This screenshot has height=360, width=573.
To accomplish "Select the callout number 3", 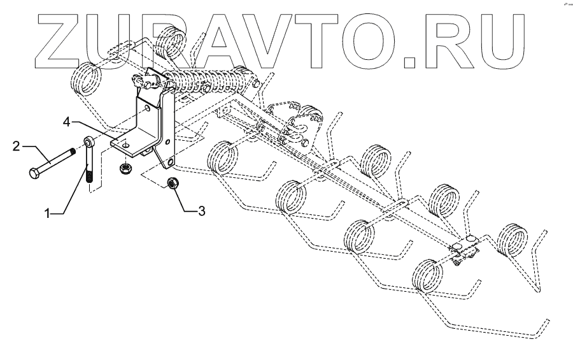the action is (x=201, y=211).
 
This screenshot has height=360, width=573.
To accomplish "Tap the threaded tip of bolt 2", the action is (x=75, y=152).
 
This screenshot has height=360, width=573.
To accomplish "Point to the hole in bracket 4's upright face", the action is (x=148, y=109).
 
